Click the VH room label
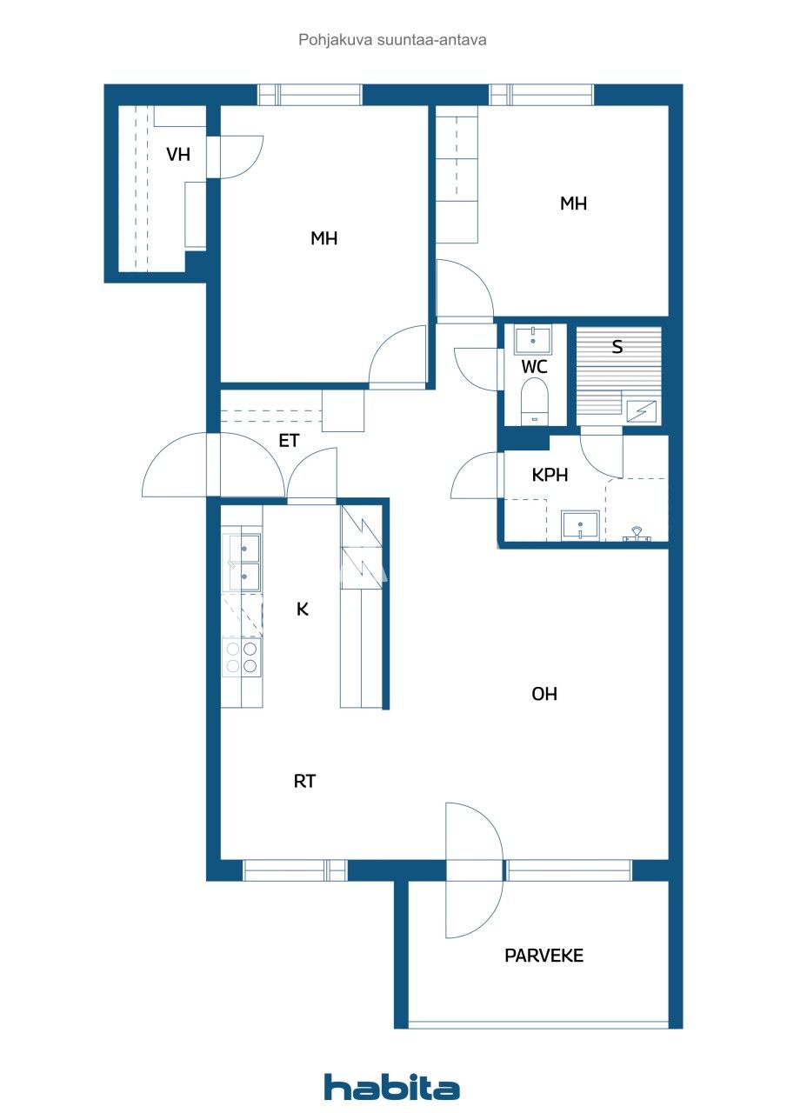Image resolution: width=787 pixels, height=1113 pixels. [178, 155]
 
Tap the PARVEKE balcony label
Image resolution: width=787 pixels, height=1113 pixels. [544, 956]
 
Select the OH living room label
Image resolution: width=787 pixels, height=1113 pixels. [544, 694]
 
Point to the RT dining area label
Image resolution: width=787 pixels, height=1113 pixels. [304, 782]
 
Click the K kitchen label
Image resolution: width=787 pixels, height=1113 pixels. [303, 609]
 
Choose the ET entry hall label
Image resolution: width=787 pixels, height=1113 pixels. [289, 441]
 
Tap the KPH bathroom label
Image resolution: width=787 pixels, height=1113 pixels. [550, 476]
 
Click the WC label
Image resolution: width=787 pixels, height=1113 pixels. [534, 367]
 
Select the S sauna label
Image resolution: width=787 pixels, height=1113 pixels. [617, 347]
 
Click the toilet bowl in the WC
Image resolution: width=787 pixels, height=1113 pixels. [534, 402]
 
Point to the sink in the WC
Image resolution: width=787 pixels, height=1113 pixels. [534, 339]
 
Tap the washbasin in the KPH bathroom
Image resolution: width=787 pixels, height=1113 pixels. [580, 525]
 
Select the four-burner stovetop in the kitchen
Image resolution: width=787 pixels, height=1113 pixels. [242, 656]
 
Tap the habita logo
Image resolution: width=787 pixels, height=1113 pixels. [392, 1087]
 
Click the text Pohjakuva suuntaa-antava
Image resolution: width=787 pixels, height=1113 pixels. [392, 39]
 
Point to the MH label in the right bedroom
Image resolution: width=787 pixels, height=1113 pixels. [573, 203]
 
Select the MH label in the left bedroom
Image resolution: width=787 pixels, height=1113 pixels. [324, 238]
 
